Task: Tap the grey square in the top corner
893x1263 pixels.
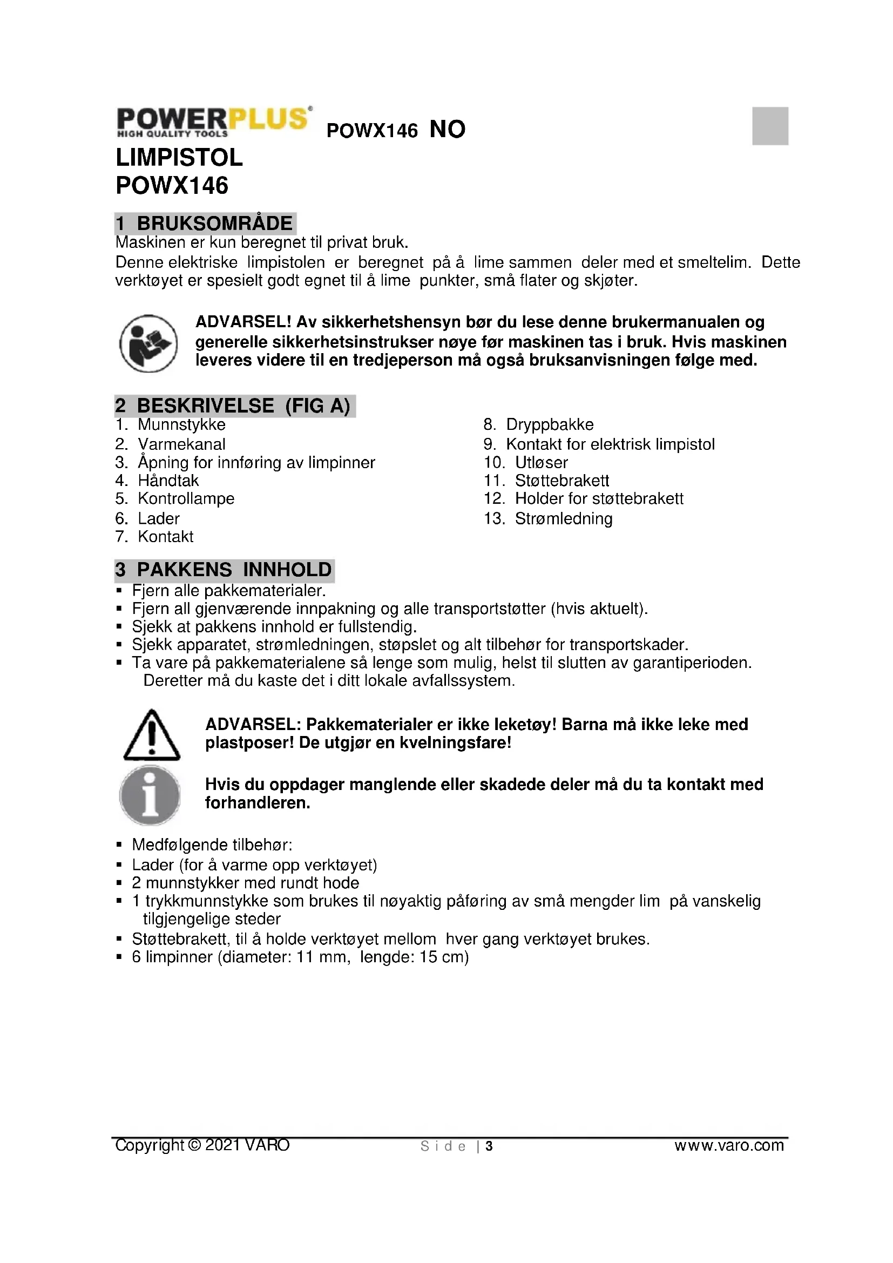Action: [770, 126]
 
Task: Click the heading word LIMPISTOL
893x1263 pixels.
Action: [179, 158]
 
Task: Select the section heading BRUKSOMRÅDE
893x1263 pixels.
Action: [214, 224]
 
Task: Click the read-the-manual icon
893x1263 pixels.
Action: [148, 343]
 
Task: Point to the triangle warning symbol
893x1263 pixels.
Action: [152, 735]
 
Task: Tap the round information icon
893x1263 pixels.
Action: [150, 795]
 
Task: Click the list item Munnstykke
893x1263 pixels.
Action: [181, 424]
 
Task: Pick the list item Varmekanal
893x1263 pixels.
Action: [181, 444]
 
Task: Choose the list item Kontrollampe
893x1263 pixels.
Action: [186, 498]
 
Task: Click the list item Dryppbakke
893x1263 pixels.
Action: [550, 424]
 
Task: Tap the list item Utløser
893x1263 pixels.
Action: [541, 462]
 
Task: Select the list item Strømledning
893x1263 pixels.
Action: [564, 518]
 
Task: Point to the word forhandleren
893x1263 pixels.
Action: [258, 803]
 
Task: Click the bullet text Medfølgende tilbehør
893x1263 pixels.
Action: [212, 845]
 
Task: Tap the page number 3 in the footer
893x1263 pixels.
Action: [489, 1146]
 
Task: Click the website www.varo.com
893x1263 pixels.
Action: [729, 1145]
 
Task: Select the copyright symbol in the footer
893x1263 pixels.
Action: [194, 1145]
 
